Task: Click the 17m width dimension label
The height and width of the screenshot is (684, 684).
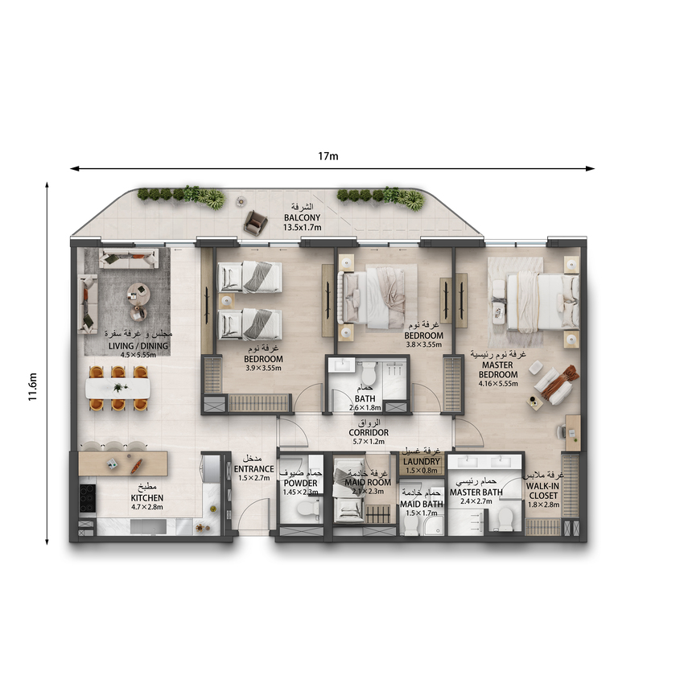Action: [328, 156]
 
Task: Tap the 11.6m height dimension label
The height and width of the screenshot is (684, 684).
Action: [33, 387]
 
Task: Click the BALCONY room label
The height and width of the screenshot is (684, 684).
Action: [303, 217]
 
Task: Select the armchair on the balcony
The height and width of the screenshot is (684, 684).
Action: [255, 221]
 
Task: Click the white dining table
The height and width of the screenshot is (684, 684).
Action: [117, 388]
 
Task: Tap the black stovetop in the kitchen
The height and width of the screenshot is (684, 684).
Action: [87, 498]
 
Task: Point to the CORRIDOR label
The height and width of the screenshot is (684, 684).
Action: [369, 432]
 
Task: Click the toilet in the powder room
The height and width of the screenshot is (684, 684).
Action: [308, 509]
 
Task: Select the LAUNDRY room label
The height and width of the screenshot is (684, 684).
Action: [422, 461]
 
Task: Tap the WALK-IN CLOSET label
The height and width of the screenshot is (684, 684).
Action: [542, 491]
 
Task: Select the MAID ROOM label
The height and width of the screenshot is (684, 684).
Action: [368, 482]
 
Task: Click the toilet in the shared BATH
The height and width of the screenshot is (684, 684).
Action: [369, 373]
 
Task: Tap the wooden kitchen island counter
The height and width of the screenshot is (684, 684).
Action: [123, 464]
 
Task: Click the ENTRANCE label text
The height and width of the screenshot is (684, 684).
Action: [253, 469]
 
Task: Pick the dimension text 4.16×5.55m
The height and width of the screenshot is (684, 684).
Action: [498, 384]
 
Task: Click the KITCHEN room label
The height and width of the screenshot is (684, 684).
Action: [147, 498]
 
